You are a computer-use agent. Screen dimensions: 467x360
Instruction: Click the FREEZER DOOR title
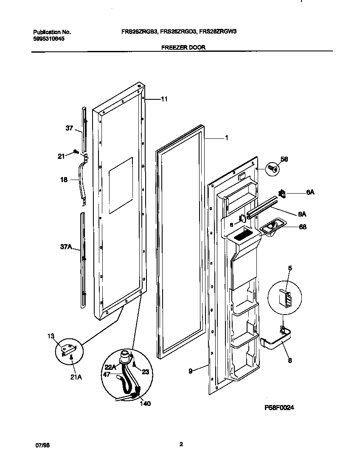[183, 48]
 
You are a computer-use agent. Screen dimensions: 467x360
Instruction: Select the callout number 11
[164, 99]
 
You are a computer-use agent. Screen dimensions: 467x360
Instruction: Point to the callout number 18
[64, 180]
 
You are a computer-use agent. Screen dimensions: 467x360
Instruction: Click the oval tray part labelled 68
[271, 228]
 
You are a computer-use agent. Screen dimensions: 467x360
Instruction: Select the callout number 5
[290, 268]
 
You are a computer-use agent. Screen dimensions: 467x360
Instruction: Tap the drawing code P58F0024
[279, 408]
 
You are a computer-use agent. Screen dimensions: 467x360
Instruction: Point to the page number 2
[181, 444]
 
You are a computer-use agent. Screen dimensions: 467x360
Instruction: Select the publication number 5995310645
[49, 38]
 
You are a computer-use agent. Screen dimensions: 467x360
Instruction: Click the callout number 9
[191, 371]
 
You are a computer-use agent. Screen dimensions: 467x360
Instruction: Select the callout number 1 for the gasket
[227, 138]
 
